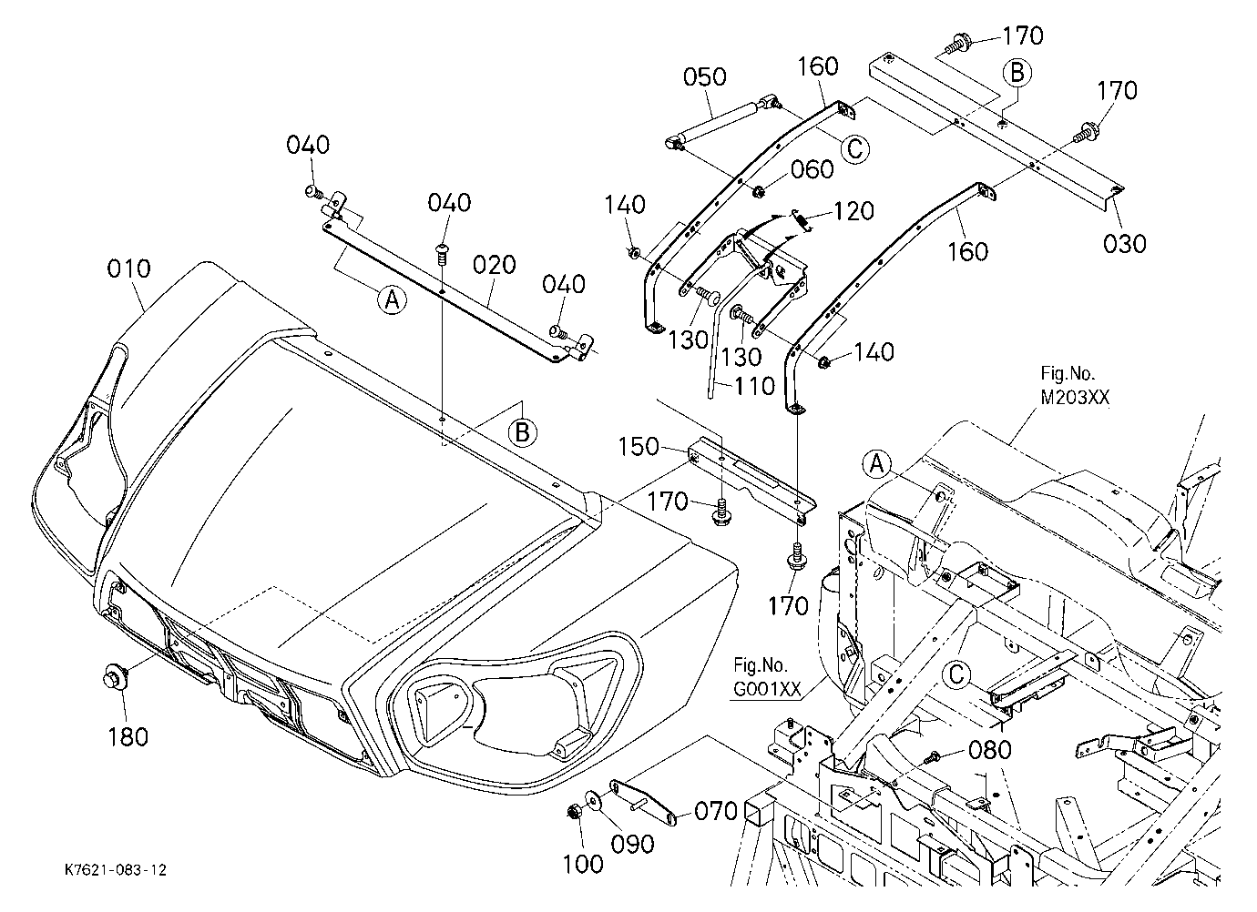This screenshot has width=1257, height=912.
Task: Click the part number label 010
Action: coord(129,269)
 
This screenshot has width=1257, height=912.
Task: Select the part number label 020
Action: coord(495,265)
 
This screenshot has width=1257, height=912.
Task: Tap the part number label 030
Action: coord(1124,244)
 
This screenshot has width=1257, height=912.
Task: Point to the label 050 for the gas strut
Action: coord(705,76)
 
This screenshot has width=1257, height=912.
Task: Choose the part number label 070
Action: coord(716,812)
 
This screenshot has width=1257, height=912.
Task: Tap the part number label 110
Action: coord(755,387)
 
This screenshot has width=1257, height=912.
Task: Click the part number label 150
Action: coord(639,447)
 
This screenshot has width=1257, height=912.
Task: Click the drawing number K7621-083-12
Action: coord(117,870)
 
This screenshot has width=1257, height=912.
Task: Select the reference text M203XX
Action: coord(1075,398)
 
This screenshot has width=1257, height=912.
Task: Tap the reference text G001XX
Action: coord(767,689)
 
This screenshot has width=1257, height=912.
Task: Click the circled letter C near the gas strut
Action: coord(854,149)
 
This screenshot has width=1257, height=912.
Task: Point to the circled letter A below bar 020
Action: coord(392,300)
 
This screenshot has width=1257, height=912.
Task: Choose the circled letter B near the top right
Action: coord(1017,73)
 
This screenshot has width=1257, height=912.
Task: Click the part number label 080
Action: coord(990,750)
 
